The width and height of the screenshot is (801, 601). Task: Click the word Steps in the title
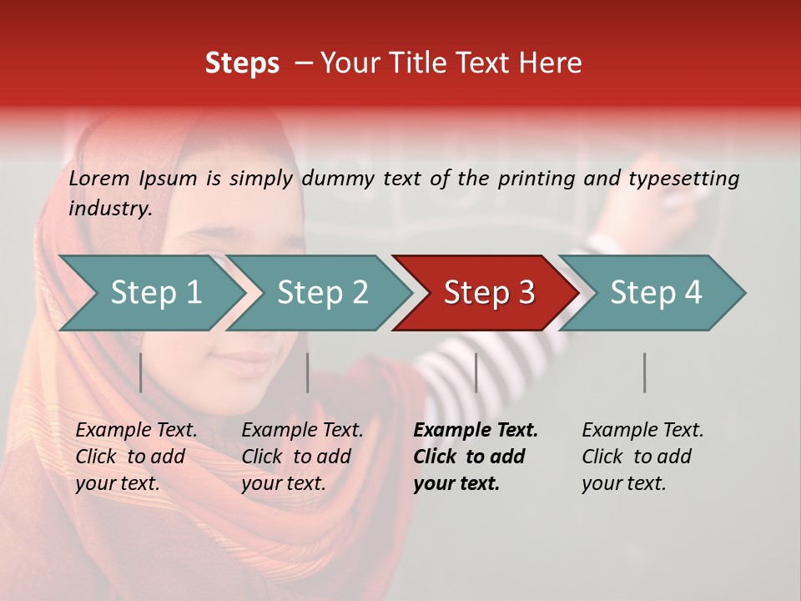pyautogui.click(x=242, y=63)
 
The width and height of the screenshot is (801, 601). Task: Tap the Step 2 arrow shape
pyautogui.click(x=322, y=292)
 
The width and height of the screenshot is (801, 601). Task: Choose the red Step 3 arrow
pyautogui.click(x=488, y=292)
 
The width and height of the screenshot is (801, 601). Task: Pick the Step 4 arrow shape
pyautogui.click(x=656, y=292)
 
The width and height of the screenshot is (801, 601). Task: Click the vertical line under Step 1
pyautogui.click(x=141, y=372)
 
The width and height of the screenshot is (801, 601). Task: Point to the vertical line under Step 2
pyautogui.click(x=308, y=372)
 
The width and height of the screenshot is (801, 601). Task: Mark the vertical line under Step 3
pyautogui.click(x=476, y=372)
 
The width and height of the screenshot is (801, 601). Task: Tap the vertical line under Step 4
pyautogui.click(x=645, y=372)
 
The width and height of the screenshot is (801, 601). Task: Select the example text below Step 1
pyautogui.click(x=136, y=456)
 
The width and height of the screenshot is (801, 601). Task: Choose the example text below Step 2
pyautogui.click(x=302, y=456)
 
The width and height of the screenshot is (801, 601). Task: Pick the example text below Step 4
pyautogui.click(x=642, y=456)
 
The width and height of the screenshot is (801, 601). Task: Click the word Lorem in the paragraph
pyautogui.click(x=99, y=178)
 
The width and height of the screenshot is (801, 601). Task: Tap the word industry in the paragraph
pyautogui.click(x=109, y=208)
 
